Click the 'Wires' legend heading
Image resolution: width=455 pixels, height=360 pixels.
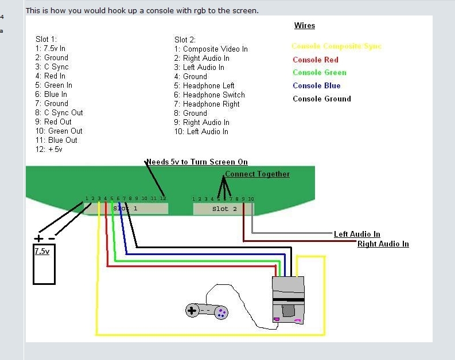tap(304, 26)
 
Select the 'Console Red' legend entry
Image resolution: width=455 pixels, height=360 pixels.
tap(315, 60)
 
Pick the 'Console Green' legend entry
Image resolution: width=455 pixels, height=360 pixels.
tap(319, 72)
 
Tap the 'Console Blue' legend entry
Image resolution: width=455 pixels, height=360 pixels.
tap(316, 85)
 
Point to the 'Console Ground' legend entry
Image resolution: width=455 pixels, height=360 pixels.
tap(321, 99)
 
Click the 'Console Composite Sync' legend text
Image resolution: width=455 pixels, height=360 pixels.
tap(336, 46)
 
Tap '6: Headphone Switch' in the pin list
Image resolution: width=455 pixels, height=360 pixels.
tap(209, 95)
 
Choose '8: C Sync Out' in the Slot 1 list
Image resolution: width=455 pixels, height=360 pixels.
tap(59, 112)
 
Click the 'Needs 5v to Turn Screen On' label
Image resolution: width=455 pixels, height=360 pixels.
tap(197, 162)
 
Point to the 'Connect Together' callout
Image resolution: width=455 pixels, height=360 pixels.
tap(257, 174)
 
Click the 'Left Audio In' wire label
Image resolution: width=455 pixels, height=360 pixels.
tap(357, 234)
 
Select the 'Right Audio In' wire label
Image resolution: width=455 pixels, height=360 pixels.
tap(383, 244)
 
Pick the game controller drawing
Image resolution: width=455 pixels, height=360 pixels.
tap(207, 311)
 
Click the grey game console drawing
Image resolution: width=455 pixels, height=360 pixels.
tap(289, 300)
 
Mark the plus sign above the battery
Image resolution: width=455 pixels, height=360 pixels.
tap(38, 238)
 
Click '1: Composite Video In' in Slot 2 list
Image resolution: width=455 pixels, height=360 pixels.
tap(211, 49)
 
